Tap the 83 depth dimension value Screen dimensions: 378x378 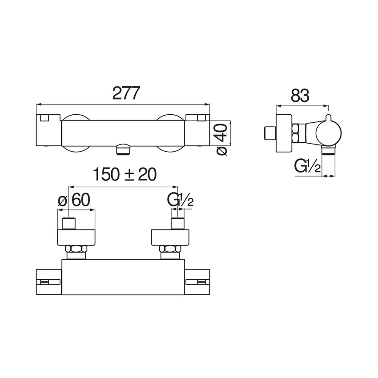click(300, 95)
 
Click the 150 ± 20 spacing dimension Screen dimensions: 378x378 click(124, 175)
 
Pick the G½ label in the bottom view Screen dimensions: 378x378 click(180, 201)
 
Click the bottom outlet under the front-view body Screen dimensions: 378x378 click(122, 150)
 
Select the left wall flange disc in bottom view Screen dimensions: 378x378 click(76, 237)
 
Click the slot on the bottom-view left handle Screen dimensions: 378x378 click(45, 281)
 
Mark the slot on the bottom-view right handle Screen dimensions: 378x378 click(201, 281)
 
